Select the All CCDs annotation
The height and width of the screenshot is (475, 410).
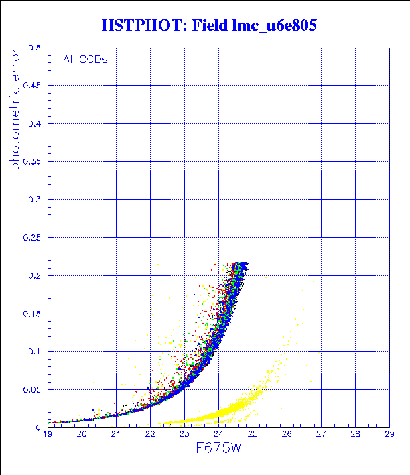[85, 59]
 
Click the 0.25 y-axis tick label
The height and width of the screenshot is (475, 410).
[32, 238]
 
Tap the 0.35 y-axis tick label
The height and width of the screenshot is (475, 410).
[32, 162]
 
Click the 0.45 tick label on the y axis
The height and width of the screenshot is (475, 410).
[32, 86]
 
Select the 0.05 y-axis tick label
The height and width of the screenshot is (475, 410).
[32, 389]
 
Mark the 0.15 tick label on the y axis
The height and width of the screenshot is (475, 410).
[32, 314]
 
